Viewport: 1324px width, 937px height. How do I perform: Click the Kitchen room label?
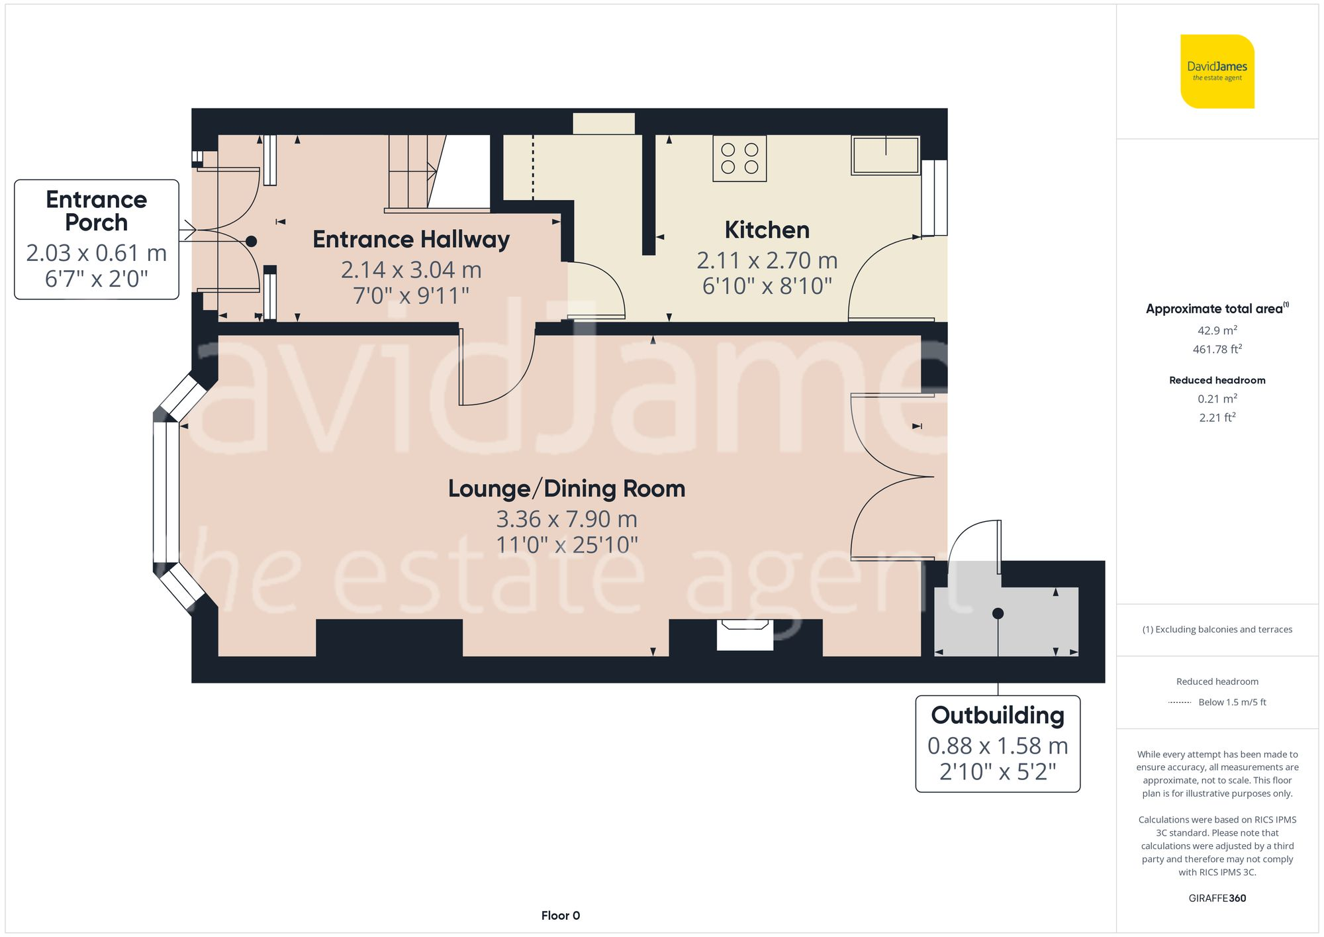pos(767,230)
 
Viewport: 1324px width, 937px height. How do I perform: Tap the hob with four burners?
pos(739,158)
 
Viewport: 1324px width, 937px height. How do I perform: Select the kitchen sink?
pos(886,155)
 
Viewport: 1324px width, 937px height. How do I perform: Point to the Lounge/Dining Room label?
pos(567,489)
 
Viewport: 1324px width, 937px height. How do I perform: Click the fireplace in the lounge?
pos(745,634)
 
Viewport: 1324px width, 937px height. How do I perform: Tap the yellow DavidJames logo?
pos(1217,72)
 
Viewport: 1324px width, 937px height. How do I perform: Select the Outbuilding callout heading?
pos(998,715)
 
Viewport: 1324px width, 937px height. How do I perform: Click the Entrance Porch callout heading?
pos(97,211)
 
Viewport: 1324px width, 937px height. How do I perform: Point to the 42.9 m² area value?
pos(1217,330)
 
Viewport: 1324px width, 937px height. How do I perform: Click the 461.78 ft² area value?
pos(1217,348)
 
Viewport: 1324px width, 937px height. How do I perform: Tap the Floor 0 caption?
pos(561,915)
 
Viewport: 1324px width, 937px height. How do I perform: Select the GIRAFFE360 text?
pos(1217,898)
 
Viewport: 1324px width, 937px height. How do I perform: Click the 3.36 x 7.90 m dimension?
pos(567,519)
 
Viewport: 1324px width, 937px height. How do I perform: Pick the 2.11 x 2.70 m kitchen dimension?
pos(767,260)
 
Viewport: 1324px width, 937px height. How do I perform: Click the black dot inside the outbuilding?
pos(998,614)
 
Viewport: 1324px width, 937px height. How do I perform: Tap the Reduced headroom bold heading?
pos(1217,380)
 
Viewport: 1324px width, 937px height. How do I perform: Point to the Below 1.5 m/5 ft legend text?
pos(1232,702)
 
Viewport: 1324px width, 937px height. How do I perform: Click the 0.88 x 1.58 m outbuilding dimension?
pos(998,746)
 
